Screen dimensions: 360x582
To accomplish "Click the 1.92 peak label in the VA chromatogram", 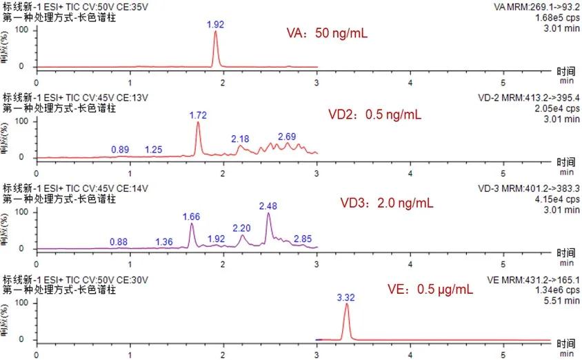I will tap(216, 24).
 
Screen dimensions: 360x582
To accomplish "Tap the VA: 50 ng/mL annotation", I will tap(328, 33).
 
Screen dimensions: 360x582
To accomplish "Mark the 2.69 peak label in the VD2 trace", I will tap(288, 137).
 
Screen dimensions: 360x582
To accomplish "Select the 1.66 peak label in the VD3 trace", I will tap(191, 217).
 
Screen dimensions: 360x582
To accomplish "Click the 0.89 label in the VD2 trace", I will tap(120, 150).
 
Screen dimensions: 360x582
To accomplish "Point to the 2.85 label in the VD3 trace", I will tap(303, 239).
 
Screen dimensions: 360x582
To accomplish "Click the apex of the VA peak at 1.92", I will tap(216, 32).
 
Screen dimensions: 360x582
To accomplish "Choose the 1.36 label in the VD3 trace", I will tap(164, 241).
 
